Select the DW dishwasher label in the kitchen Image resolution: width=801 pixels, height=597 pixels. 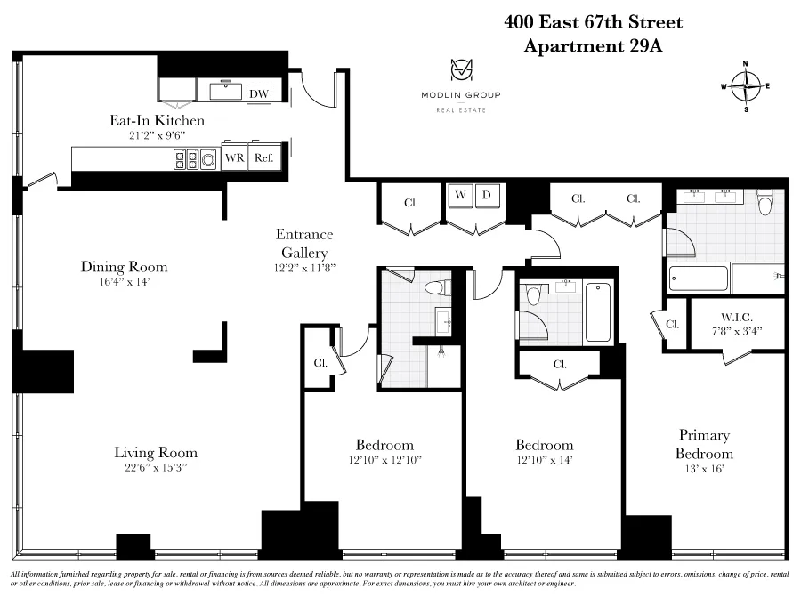pos(259,93)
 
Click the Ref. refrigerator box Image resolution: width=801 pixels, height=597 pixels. pos(263,158)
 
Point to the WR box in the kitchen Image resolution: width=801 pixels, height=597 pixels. pos(234,158)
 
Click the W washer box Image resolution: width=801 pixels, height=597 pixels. pos(460,195)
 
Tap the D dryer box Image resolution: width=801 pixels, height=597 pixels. pos(487,195)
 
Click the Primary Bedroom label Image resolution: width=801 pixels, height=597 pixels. pos(704,444)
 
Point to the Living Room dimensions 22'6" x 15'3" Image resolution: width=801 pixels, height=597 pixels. pos(156,467)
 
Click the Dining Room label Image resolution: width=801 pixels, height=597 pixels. pos(124,267)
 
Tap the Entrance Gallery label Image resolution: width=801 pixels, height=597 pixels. pos(303,242)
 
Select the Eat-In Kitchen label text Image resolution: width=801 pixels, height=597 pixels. pos(156,121)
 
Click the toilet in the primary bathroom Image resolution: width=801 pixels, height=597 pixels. pos(764,206)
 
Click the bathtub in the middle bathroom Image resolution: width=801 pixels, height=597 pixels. pos(598,311)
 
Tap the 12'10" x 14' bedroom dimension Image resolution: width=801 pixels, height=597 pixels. pos(544,460)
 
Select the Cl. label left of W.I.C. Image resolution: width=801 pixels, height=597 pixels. pos(673,325)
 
